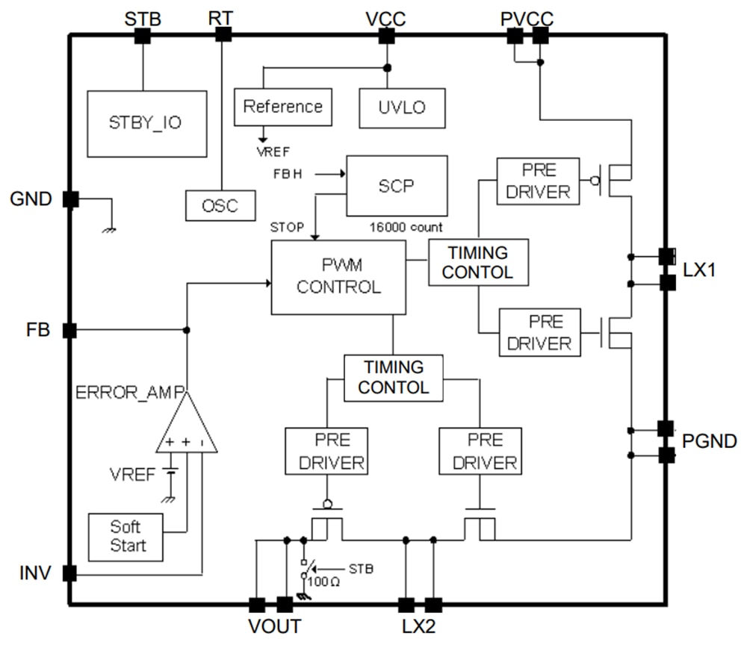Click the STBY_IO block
[x=146, y=124]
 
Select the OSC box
[x=220, y=205]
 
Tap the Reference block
[x=282, y=107]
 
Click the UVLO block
[x=402, y=107]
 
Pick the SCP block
[x=396, y=186]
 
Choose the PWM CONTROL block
[x=338, y=276]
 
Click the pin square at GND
[x=69, y=199]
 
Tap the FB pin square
[x=69, y=330]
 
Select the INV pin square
[x=69, y=573]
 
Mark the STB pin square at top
[x=142, y=34]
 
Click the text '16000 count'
[x=406, y=227]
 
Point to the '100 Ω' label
[x=325, y=582]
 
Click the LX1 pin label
[x=699, y=269]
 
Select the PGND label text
[x=709, y=441]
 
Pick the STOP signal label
[x=287, y=227]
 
